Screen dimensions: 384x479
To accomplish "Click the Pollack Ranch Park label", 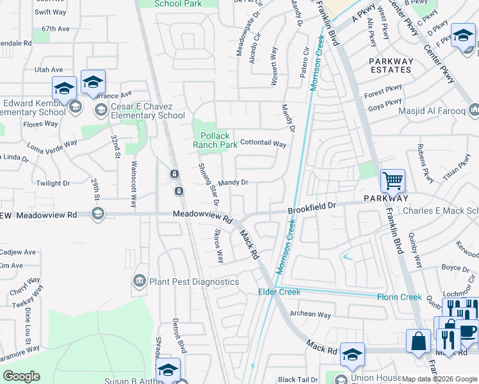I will pyautogui.click(x=215, y=140).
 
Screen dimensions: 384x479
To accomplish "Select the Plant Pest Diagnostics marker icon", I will pyautogui.click(x=139, y=281).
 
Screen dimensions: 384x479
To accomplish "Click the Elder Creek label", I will pyautogui.click(x=279, y=292).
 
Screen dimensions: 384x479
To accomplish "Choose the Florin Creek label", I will pyautogui.click(x=398, y=297).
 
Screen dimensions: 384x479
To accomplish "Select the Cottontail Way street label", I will pyautogui.click(x=263, y=144).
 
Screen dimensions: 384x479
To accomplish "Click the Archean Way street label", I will pyautogui.click(x=311, y=314).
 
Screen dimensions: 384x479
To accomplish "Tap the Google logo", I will pyautogui.click(x=21, y=376).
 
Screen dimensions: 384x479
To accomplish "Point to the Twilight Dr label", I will pyautogui.click(x=53, y=183).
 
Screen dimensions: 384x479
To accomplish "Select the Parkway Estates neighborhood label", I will pyautogui.click(x=391, y=65).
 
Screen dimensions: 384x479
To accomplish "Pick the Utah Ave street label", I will pyautogui.click(x=49, y=69).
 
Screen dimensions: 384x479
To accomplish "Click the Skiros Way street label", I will pyautogui.click(x=219, y=246).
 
